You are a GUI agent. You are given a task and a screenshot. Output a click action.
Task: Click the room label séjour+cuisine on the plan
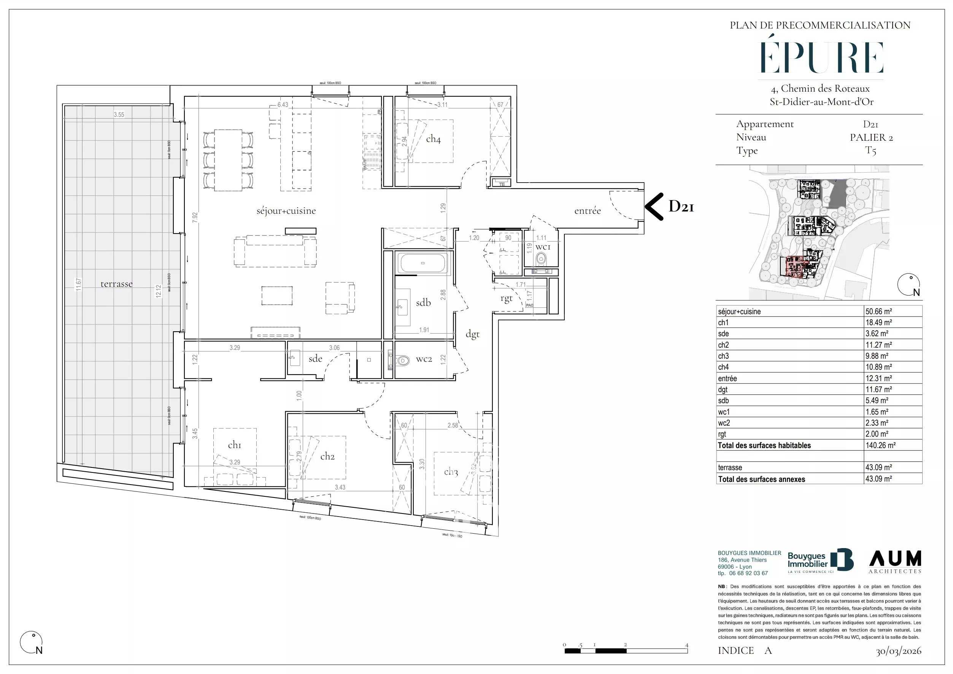tap(286, 211)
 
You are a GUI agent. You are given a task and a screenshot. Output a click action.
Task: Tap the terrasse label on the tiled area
tap(116, 284)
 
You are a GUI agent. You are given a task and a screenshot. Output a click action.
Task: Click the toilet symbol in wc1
tap(540, 259)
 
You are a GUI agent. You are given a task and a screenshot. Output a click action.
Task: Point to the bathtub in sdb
tap(422, 263)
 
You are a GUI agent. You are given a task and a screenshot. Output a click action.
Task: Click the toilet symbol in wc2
tap(402, 360)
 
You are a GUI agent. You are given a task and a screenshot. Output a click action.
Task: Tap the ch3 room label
tap(451, 472)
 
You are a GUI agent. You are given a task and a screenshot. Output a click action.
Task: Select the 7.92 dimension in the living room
tap(195, 218)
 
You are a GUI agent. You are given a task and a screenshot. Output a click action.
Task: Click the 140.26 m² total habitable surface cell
tap(880, 445)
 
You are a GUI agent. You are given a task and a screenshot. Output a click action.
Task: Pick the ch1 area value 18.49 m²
tap(878, 323)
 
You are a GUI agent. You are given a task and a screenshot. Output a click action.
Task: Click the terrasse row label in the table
tap(730, 467)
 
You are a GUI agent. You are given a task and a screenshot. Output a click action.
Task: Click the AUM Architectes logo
tap(895, 561)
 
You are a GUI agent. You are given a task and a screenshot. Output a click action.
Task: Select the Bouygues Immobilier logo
tap(820, 561)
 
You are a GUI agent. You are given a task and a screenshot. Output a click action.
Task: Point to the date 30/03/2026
tap(898, 651)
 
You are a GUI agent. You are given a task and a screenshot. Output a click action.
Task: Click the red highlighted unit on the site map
tap(794, 266)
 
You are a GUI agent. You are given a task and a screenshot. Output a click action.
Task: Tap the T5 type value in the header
tap(870, 151)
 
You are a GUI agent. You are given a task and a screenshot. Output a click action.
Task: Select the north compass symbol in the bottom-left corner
tap(32, 642)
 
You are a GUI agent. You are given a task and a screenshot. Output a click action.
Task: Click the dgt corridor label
tap(472, 334)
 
